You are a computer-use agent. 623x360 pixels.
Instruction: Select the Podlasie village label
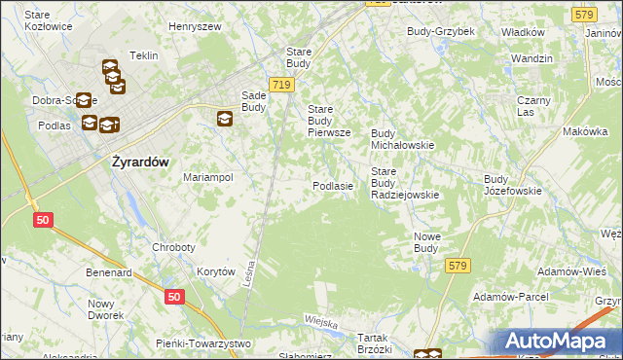[332, 185]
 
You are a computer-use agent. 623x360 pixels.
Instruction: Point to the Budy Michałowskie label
[402, 138]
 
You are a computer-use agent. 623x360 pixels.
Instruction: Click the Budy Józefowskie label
[512, 185]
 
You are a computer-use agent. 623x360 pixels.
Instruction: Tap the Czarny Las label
[534, 106]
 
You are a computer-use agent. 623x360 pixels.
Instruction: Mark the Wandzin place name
[531, 59]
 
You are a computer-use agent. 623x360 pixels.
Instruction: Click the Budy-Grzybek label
[441, 31]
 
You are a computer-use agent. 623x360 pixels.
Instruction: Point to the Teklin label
[143, 55]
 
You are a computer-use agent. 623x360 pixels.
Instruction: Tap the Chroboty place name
[174, 247]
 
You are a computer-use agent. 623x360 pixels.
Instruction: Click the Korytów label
[216, 272]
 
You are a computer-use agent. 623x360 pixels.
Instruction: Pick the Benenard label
[109, 273]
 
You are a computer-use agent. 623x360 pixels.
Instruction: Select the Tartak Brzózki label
[374, 342]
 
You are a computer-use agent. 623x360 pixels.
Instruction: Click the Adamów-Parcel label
[510, 296]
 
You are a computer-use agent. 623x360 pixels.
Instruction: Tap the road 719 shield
[282, 86]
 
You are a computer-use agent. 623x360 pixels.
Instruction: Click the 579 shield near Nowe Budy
[457, 265]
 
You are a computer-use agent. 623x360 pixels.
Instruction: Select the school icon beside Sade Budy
[225, 119]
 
